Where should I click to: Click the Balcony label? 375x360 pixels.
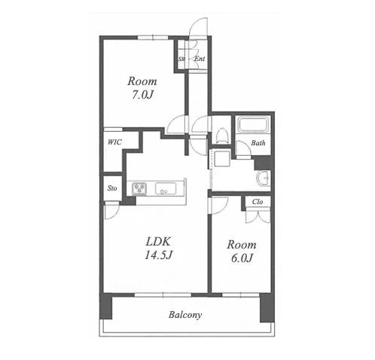(x=185, y=315)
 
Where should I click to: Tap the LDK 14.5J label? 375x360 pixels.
(x=158, y=249)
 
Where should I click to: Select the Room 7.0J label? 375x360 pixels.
(x=142, y=88)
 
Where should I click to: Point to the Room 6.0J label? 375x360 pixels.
(x=242, y=252)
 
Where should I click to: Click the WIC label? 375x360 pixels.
(x=114, y=142)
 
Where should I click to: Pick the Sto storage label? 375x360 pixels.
(x=112, y=188)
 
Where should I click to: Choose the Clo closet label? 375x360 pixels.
(x=258, y=202)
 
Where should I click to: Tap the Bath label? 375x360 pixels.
(x=258, y=143)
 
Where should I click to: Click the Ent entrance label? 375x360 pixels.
(x=200, y=59)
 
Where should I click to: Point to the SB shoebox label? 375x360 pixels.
(x=181, y=59)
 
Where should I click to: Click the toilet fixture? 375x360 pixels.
(x=221, y=136)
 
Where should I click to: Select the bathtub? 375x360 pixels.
(x=253, y=124)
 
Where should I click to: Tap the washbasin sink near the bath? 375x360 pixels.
(x=263, y=178)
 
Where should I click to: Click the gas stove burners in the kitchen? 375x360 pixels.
(x=139, y=188)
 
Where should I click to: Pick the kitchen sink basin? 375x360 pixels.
(x=166, y=188)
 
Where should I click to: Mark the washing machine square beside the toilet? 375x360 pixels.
(x=221, y=157)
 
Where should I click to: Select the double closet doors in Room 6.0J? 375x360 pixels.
(x=258, y=215)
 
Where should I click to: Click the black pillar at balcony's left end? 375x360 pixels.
(x=106, y=306)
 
